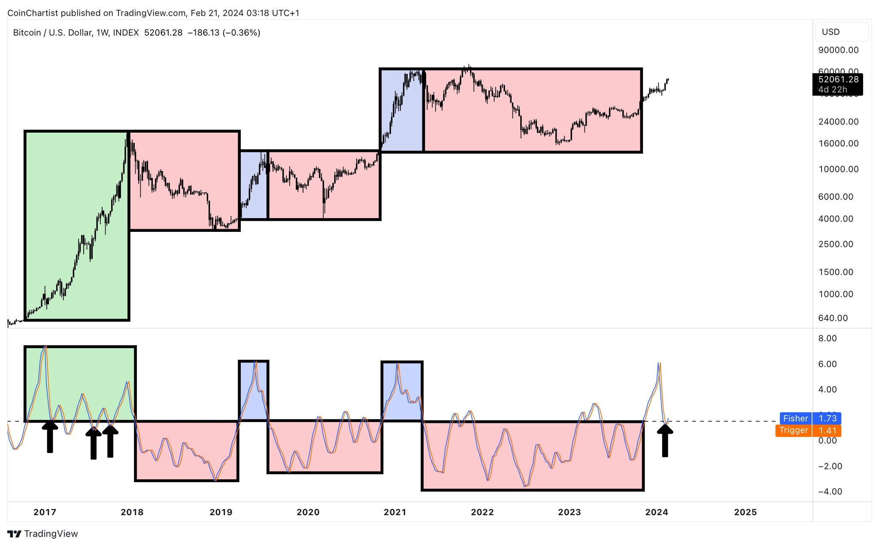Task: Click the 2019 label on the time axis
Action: (x=221, y=512)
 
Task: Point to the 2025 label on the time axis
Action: (x=746, y=512)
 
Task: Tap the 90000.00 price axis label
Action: (x=838, y=50)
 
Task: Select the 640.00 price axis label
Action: (x=833, y=318)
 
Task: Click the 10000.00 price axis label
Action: (x=838, y=169)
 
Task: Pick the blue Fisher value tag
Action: (x=810, y=418)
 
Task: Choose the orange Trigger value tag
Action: (x=808, y=430)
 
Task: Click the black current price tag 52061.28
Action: (x=837, y=84)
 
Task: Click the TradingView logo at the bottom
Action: (x=42, y=534)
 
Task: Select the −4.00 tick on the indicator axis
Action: (x=830, y=492)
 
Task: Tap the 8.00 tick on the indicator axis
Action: (x=827, y=338)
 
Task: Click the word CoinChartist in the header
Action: (x=33, y=13)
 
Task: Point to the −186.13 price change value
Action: (x=203, y=33)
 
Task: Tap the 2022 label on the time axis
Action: (x=482, y=512)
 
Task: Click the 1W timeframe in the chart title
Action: (x=102, y=33)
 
